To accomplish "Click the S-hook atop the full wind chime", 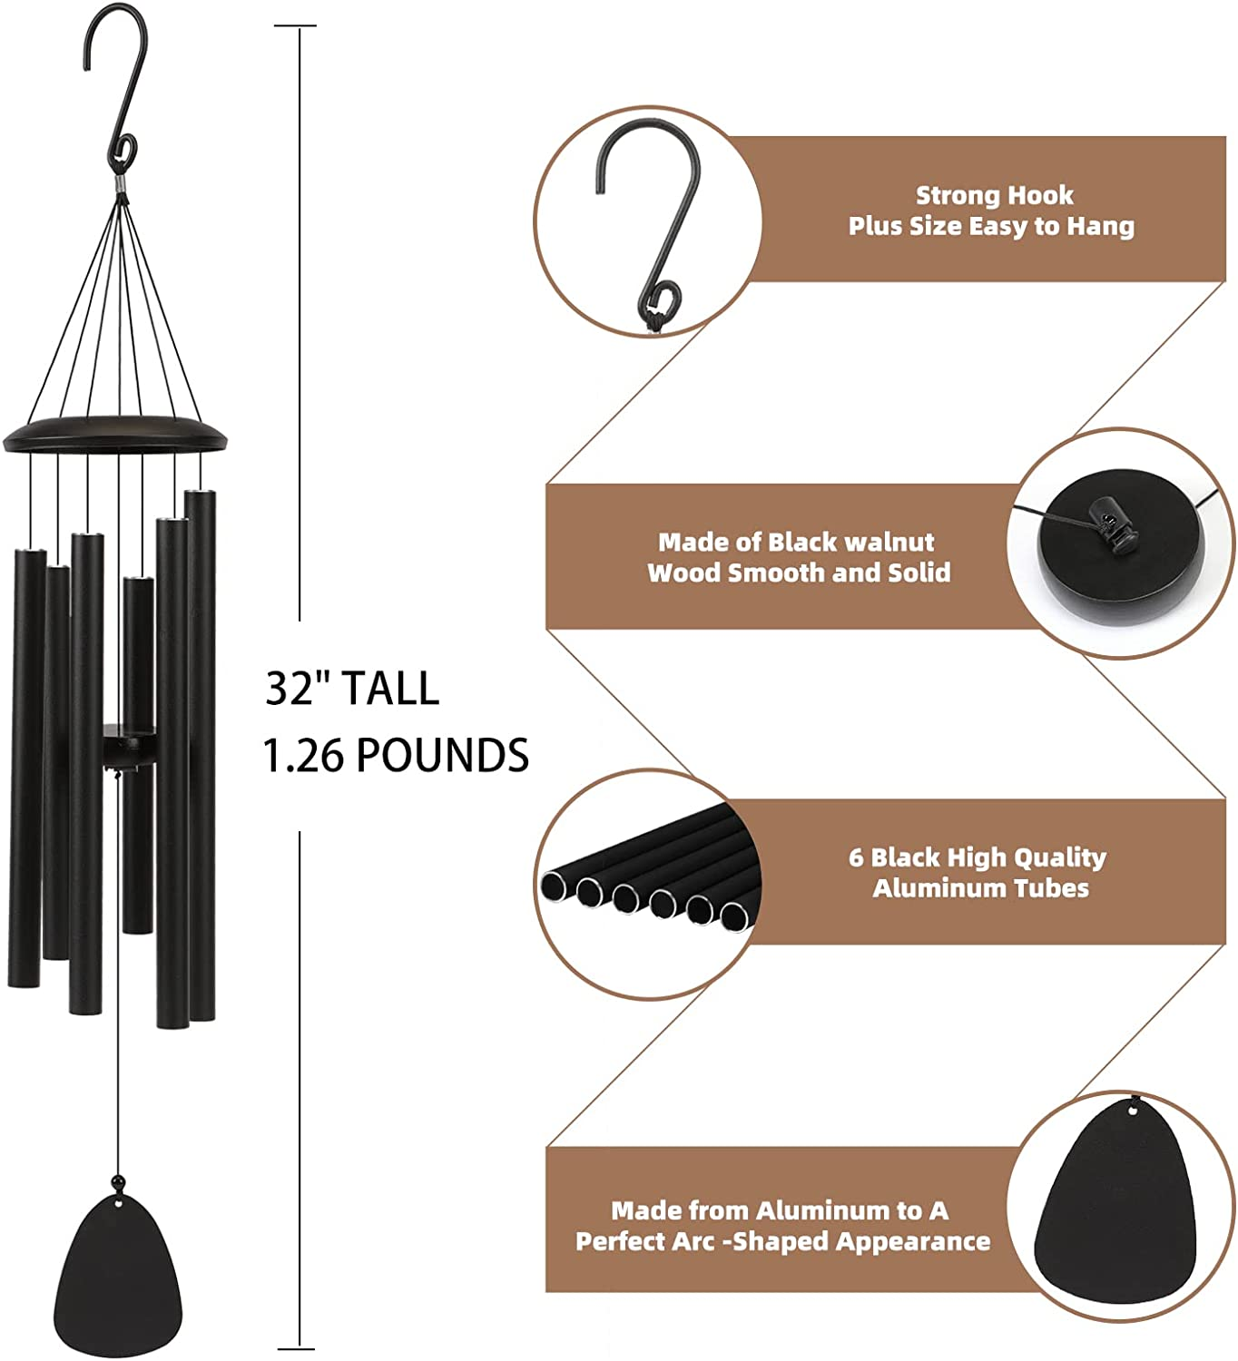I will pos(116,91).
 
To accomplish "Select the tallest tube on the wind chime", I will pos(201,753).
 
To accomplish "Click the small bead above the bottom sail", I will pos(117,1181).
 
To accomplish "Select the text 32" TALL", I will pos(352,689).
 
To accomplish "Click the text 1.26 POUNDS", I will pos(396,755).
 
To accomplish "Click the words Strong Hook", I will pos(994,195).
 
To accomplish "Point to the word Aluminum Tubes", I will pos(980,887).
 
